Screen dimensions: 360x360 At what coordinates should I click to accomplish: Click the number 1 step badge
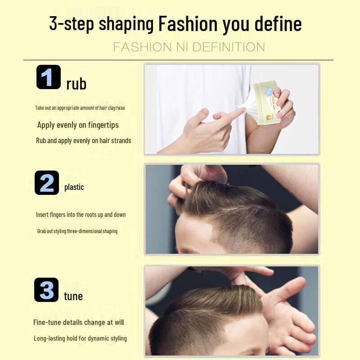tap(48, 77)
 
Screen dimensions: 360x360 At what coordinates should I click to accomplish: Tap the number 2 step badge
tap(47, 183)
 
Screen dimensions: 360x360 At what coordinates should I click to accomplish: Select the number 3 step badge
tap(46, 290)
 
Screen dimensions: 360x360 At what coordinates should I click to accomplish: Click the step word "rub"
tap(76, 84)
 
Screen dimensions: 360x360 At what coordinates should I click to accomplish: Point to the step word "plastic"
tap(74, 187)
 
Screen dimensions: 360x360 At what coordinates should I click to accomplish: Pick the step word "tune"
tap(73, 296)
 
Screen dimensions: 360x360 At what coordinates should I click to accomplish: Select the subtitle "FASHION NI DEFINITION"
tap(189, 47)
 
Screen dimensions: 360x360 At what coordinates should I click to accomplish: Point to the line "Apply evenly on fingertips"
tap(78, 125)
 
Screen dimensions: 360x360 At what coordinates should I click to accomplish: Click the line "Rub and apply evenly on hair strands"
tap(84, 140)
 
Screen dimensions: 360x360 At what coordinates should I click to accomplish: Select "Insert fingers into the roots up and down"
tap(81, 215)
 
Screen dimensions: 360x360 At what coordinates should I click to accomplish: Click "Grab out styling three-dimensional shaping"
tap(77, 231)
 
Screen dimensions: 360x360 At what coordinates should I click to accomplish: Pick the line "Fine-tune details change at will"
tap(78, 322)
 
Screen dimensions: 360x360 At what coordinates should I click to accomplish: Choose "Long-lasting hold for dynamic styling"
tap(80, 338)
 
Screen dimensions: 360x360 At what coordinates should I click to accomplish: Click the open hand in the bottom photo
tap(288, 315)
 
